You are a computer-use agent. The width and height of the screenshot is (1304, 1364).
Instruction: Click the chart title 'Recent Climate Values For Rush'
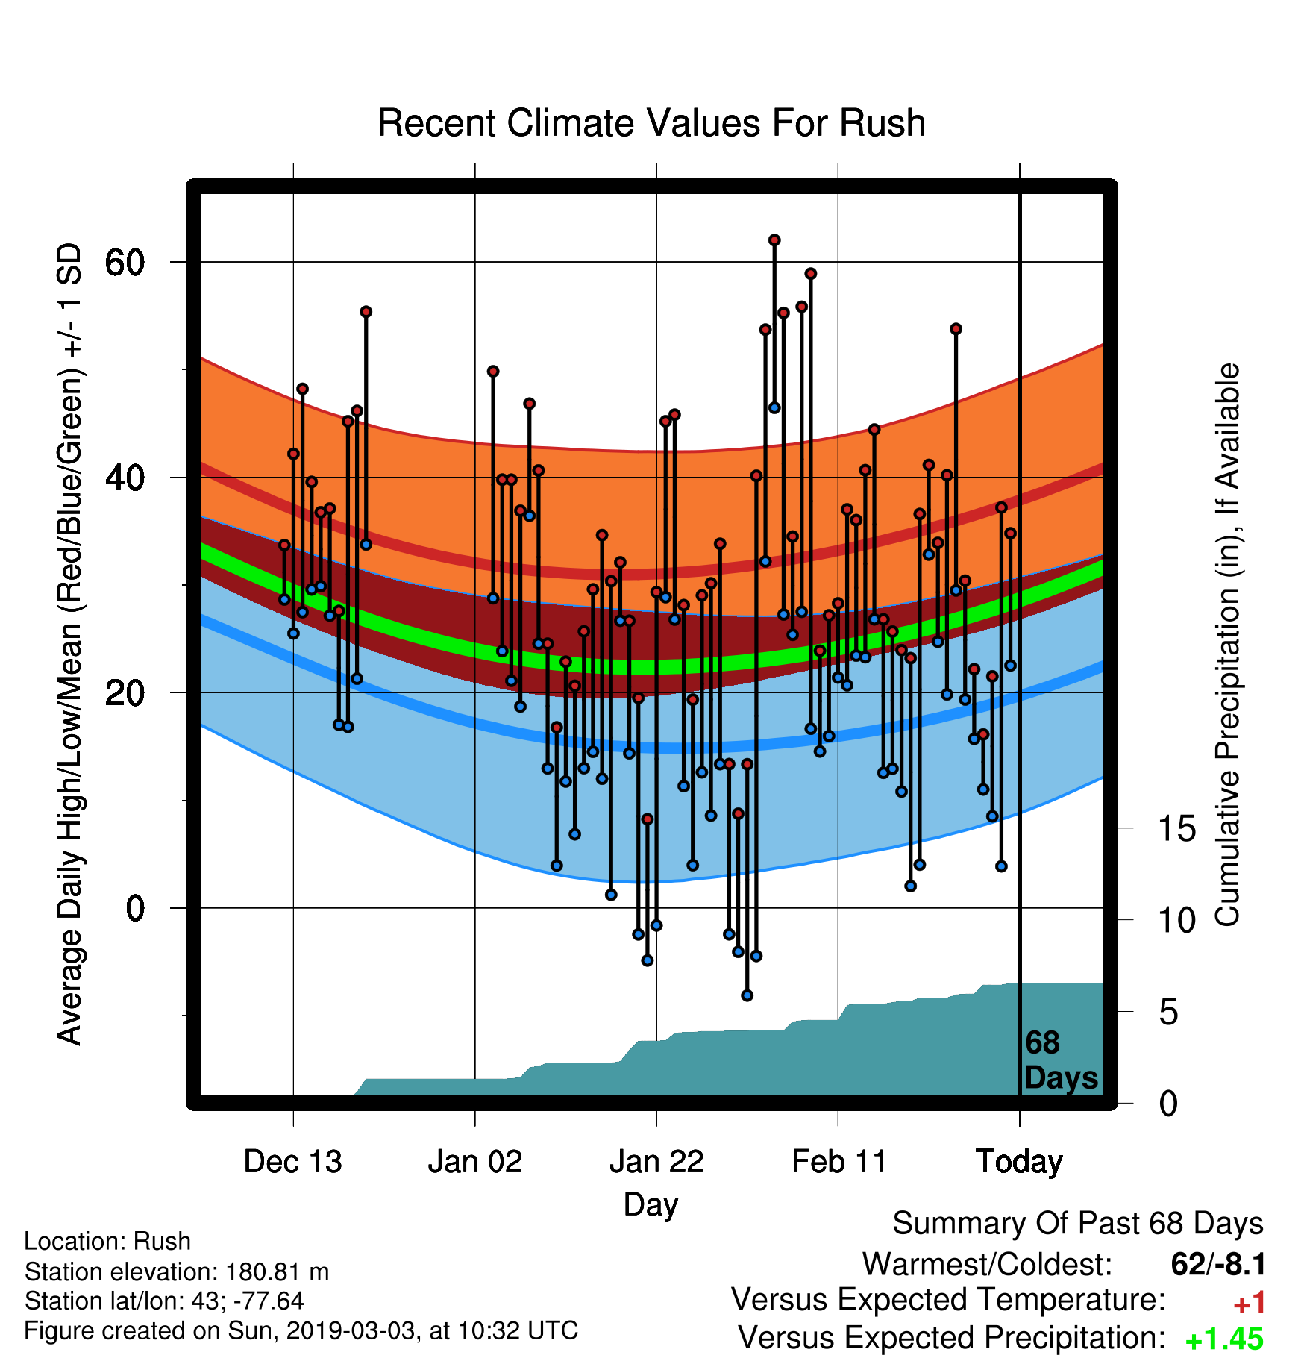[651, 123]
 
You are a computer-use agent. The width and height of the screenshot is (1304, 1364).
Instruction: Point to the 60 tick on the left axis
[125, 262]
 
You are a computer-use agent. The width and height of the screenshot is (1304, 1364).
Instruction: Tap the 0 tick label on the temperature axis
[135, 908]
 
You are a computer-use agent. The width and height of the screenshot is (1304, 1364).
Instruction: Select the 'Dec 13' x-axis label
[292, 1162]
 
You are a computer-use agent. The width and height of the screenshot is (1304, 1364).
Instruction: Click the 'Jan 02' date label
[475, 1162]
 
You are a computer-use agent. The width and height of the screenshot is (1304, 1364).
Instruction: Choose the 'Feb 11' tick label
[838, 1162]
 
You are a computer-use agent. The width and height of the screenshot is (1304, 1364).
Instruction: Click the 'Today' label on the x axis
[1020, 1163]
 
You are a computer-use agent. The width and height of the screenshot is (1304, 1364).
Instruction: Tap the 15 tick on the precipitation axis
[1177, 828]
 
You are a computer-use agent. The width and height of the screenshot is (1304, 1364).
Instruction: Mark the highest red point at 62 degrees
[774, 240]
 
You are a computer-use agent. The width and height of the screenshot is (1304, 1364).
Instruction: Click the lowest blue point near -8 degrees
[747, 995]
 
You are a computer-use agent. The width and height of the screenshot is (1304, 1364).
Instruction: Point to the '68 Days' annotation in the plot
[1061, 1060]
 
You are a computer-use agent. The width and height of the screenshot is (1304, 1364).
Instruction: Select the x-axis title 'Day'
[651, 1205]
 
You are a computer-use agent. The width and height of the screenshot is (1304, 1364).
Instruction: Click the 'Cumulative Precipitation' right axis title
[1227, 645]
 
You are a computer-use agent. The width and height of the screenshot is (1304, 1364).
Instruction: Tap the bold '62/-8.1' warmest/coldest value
[1218, 1265]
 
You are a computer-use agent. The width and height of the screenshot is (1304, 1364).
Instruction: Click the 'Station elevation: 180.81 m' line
[177, 1271]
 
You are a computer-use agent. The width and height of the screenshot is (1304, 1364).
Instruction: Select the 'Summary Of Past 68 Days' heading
[1078, 1224]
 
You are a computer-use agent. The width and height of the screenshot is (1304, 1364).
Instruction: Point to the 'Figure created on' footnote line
[301, 1331]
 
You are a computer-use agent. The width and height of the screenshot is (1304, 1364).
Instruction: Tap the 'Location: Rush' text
[107, 1242]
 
